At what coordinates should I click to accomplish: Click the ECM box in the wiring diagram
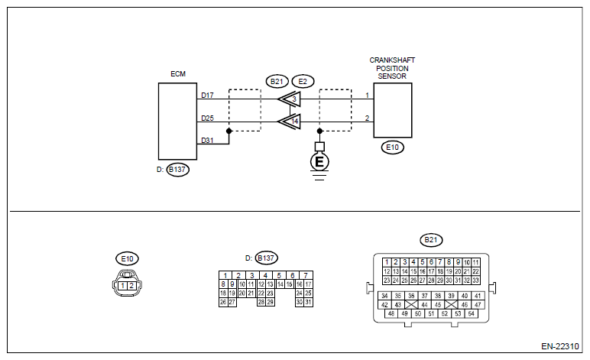point(177,121)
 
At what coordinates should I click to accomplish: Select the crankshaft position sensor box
point(393,110)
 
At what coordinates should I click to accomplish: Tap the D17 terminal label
point(207,96)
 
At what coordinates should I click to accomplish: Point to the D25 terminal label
point(207,118)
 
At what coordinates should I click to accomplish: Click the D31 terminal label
point(207,141)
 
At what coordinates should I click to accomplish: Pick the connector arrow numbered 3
point(290,99)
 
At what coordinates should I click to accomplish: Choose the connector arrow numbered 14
point(290,121)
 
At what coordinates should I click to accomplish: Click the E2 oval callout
point(303,82)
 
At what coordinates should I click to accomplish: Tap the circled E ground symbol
point(319,162)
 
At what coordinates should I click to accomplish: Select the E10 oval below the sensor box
point(393,147)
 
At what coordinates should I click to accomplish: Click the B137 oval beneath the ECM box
point(177,170)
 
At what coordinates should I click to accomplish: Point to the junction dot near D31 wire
point(229,131)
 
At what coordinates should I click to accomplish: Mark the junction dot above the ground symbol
point(319,131)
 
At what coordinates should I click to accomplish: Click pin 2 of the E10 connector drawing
point(131,286)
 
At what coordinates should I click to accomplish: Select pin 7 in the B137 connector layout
point(306,275)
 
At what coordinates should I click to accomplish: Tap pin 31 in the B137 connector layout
point(308,302)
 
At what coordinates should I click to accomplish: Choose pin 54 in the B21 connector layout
point(471,313)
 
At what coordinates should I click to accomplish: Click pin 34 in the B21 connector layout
point(384,296)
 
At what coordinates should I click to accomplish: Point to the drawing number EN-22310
point(560,346)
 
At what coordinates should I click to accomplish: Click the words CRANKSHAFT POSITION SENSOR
point(392,68)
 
